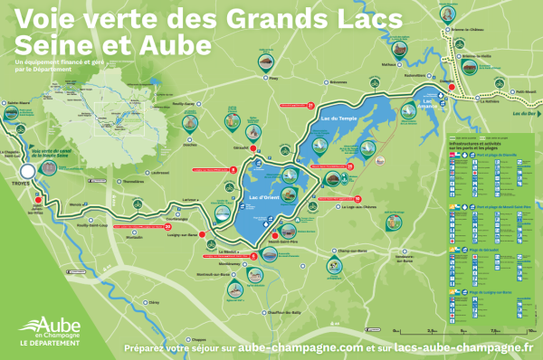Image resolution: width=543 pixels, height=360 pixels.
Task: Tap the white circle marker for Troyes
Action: pyautogui.click(x=28, y=170)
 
